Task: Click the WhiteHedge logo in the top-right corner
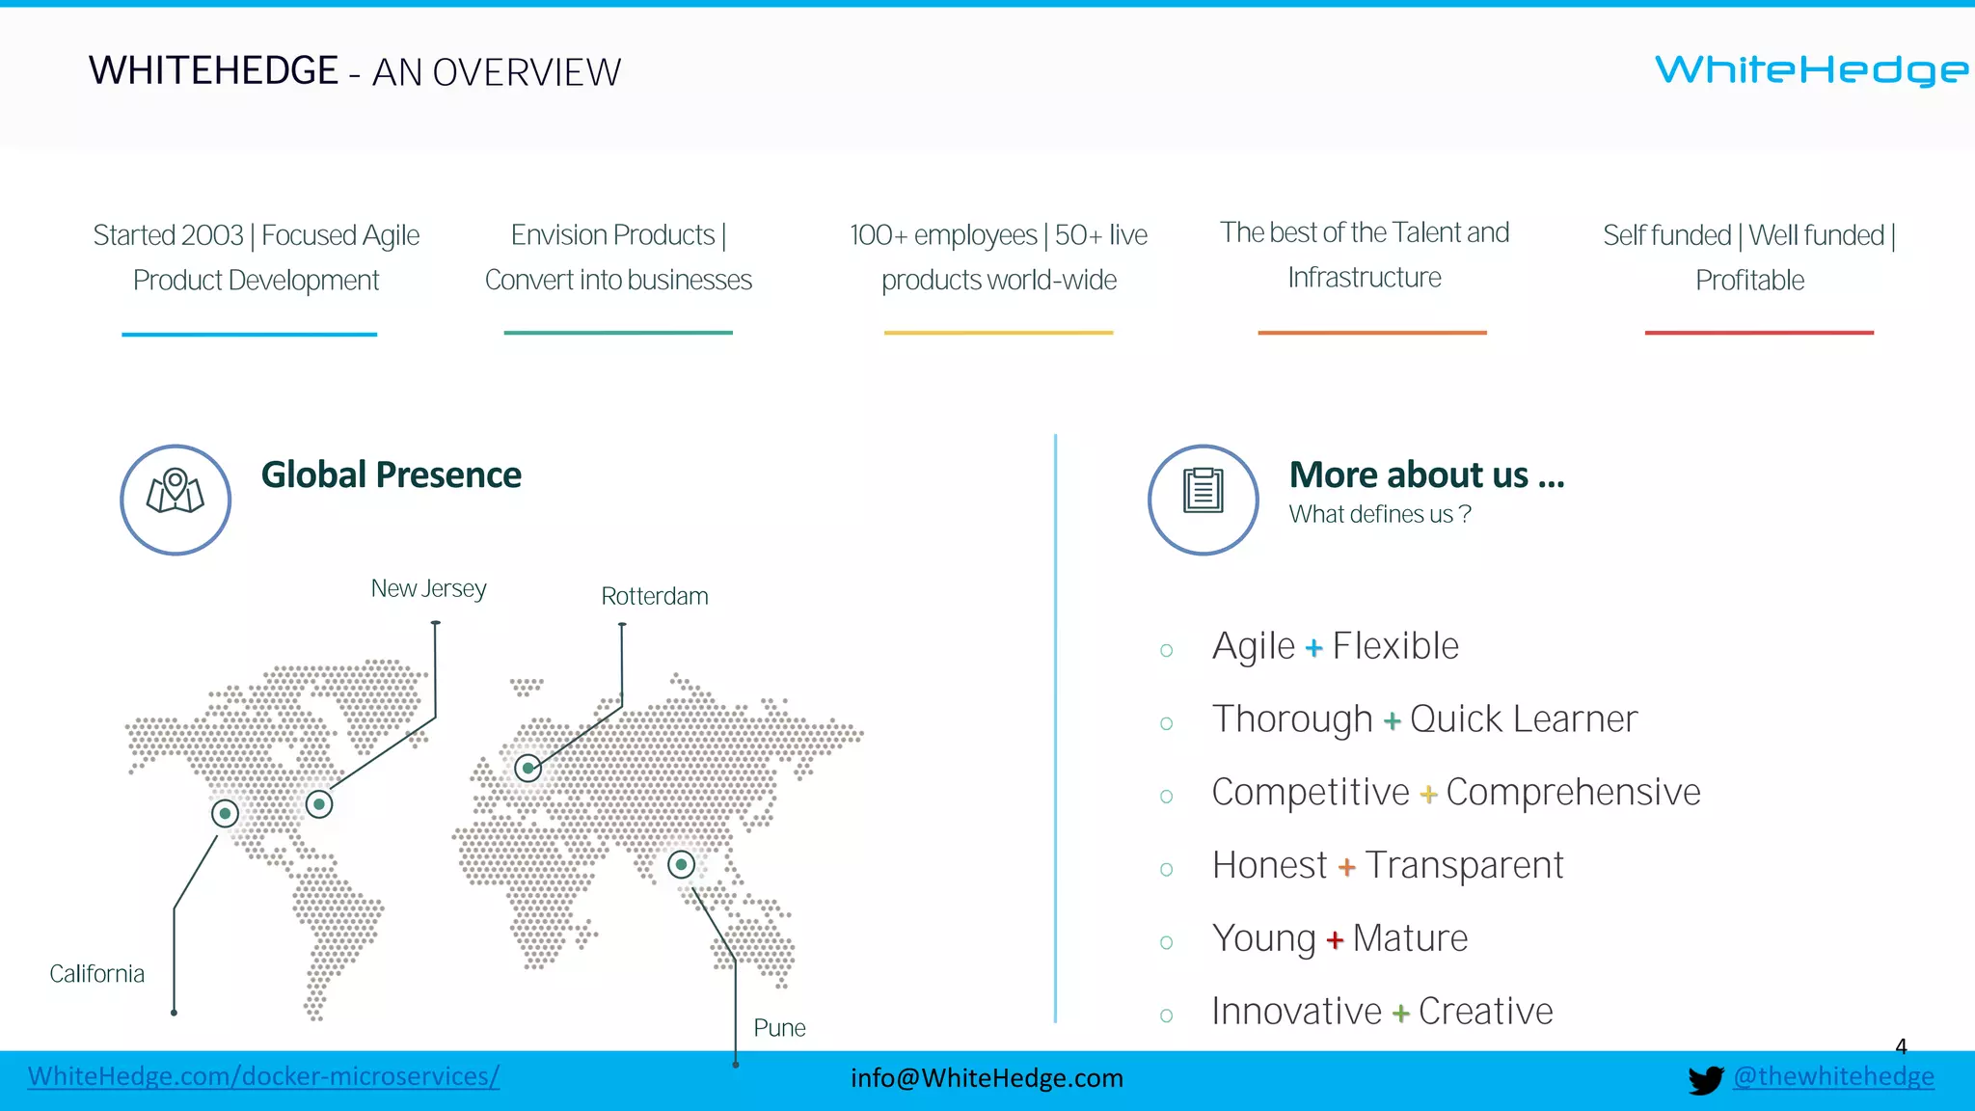click(1811, 70)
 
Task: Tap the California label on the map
click(96, 974)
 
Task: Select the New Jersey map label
click(428, 588)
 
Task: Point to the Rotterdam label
click(654, 596)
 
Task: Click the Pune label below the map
click(779, 1028)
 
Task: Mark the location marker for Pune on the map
click(681, 864)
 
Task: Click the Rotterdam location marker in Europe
click(528, 768)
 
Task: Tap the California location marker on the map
click(225, 813)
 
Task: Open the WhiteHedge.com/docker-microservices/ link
click(263, 1076)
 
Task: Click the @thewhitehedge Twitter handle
click(1833, 1076)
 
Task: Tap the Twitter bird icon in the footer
click(1705, 1079)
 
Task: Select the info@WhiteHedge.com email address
click(987, 1078)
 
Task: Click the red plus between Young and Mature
click(1335, 940)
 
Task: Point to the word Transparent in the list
click(1463, 866)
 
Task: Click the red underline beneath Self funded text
click(1758, 333)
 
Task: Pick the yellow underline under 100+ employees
click(998, 333)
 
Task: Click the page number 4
click(1901, 1046)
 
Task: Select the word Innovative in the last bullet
click(1296, 1012)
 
